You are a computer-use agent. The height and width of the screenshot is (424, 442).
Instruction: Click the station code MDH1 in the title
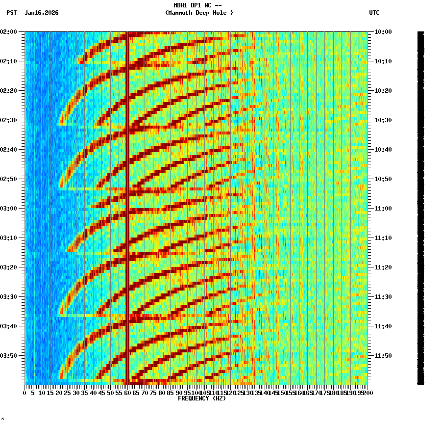click(181, 5)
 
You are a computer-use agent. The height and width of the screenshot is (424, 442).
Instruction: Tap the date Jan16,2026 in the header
click(41, 13)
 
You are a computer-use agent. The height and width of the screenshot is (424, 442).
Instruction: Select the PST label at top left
click(12, 13)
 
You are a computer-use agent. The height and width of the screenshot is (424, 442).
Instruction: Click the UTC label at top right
click(374, 13)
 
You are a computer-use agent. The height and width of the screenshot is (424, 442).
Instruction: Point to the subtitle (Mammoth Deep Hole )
click(199, 13)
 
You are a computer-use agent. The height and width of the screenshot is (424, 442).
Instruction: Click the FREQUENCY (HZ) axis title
click(201, 398)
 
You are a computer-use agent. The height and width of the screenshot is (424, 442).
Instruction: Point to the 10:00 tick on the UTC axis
click(383, 32)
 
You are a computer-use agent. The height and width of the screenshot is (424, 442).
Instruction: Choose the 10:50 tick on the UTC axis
click(383, 179)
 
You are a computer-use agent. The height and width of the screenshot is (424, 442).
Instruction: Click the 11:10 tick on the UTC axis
click(383, 238)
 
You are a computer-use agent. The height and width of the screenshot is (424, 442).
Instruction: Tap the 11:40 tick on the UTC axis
click(383, 326)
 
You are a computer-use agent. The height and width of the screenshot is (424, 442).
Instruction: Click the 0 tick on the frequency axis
click(25, 393)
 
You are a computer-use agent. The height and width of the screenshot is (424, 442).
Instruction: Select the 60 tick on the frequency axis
click(128, 393)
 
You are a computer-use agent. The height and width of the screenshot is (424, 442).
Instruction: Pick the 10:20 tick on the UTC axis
click(383, 91)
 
